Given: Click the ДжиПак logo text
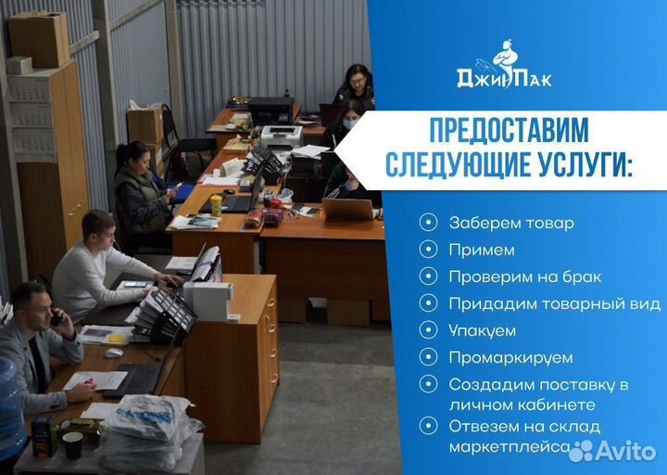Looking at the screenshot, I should [x=504, y=78].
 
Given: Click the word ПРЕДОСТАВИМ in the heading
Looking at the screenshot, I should [x=508, y=129].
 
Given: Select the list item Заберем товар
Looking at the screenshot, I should [x=510, y=223].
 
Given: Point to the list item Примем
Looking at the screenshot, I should [x=481, y=250].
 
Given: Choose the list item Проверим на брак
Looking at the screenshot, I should [x=524, y=276].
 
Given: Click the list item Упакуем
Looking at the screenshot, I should [x=482, y=330].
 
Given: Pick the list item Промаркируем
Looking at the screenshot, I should [x=510, y=357].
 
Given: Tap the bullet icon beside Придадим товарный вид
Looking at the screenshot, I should [x=427, y=303].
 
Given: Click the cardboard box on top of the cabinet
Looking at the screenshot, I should [x=39, y=38].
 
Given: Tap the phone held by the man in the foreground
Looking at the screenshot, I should [x=56, y=317].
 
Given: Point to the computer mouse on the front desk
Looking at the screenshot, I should [x=113, y=353].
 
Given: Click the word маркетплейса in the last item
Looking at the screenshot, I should [x=509, y=446].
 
